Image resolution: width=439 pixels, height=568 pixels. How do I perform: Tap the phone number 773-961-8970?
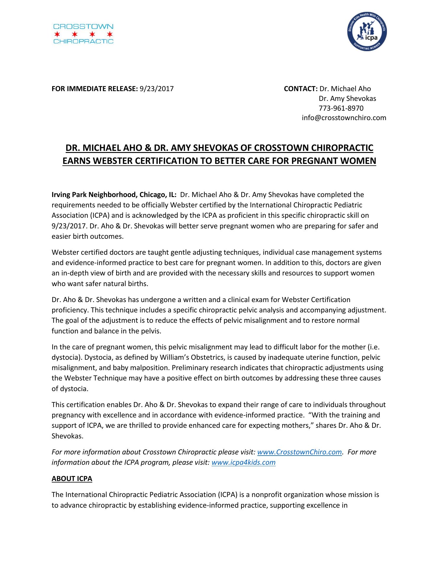pos(341,108)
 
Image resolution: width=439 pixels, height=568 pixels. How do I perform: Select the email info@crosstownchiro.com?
pos(344,118)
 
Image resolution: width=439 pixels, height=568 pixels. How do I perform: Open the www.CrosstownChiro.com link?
pos(300,452)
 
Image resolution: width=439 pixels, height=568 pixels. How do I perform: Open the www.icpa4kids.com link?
pos(244,462)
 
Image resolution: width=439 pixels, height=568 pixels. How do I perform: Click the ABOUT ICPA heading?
pos(72,478)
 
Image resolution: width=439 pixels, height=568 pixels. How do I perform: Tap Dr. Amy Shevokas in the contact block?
pos(347,98)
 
